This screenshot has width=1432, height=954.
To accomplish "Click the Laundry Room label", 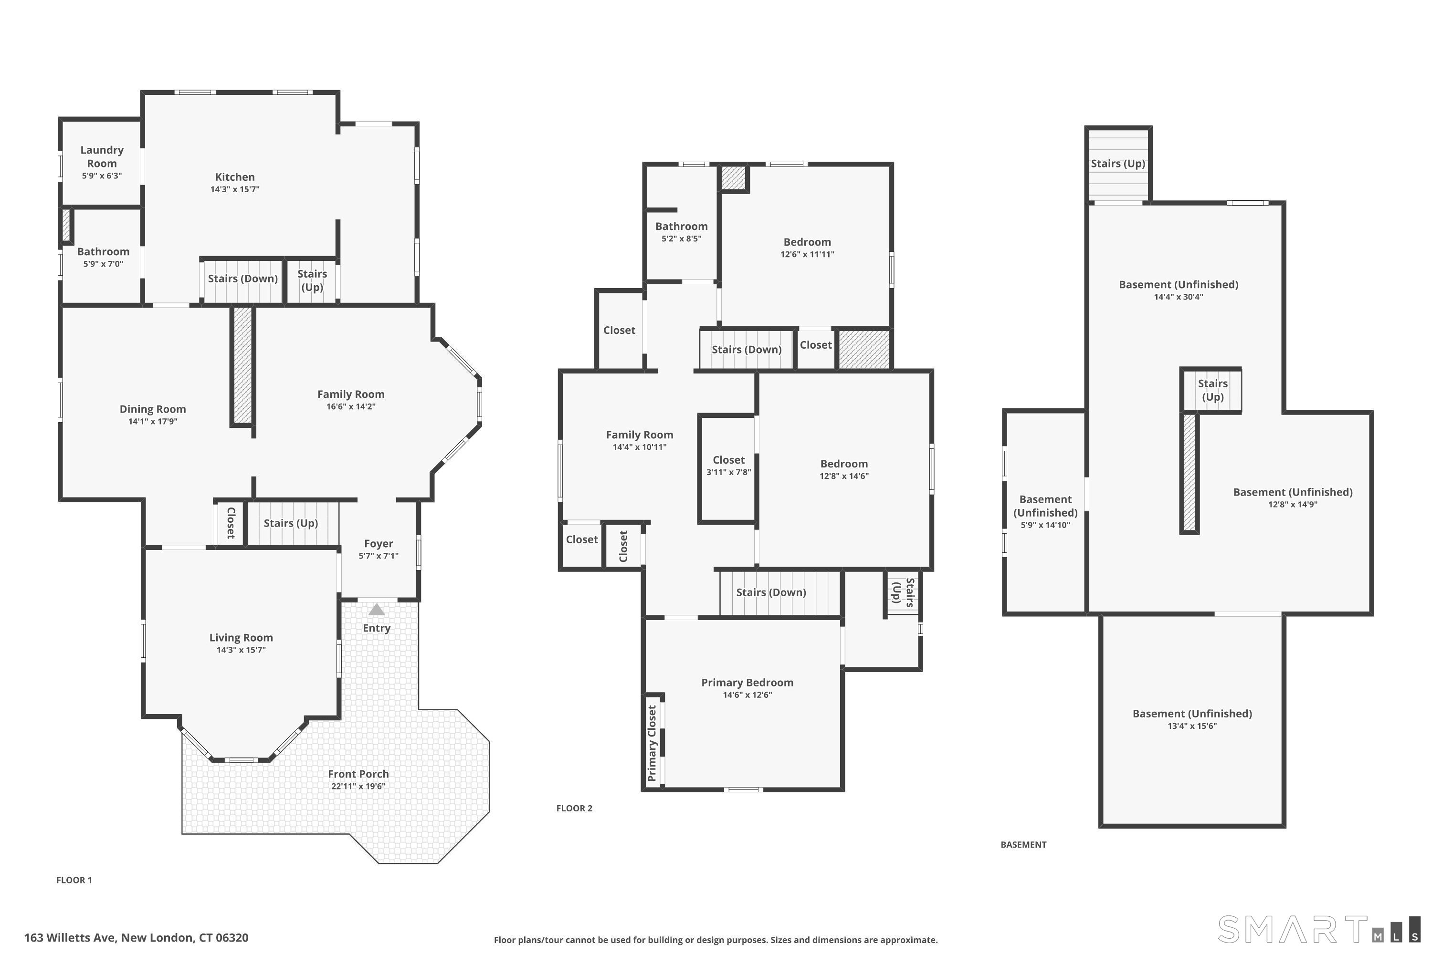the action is pyautogui.click(x=102, y=156).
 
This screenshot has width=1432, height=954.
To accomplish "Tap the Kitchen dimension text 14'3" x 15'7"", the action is pyautogui.click(x=235, y=189).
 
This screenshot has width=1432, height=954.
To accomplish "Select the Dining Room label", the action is pyautogui.click(x=153, y=409).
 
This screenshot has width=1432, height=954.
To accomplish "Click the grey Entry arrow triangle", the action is pyautogui.click(x=377, y=609).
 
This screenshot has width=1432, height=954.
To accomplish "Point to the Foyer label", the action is pyautogui.click(x=379, y=543).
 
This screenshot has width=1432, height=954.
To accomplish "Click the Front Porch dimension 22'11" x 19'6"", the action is pyautogui.click(x=358, y=786).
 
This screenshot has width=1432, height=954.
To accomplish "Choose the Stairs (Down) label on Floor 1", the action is pyautogui.click(x=243, y=278).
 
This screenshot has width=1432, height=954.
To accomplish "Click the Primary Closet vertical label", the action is pyautogui.click(x=652, y=743).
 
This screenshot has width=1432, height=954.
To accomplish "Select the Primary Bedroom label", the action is pyautogui.click(x=747, y=682).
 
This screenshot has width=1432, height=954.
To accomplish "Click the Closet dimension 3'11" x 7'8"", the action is pyautogui.click(x=729, y=472).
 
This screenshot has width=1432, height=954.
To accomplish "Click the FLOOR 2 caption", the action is pyautogui.click(x=574, y=808).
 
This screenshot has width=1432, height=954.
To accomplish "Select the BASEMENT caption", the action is pyautogui.click(x=1023, y=844).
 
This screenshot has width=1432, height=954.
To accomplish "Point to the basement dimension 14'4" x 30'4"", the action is pyautogui.click(x=1179, y=297).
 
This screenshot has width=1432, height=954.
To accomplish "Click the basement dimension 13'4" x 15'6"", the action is pyautogui.click(x=1192, y=726).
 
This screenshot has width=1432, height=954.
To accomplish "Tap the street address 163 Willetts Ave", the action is pyautogui.click(x=71, y=938).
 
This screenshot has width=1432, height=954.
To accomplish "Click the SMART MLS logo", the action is pyautogui.click(x=1319, y=929).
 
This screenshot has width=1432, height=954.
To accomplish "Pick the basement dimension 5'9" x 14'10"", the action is pyautogui.click(x=1045, y=525).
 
